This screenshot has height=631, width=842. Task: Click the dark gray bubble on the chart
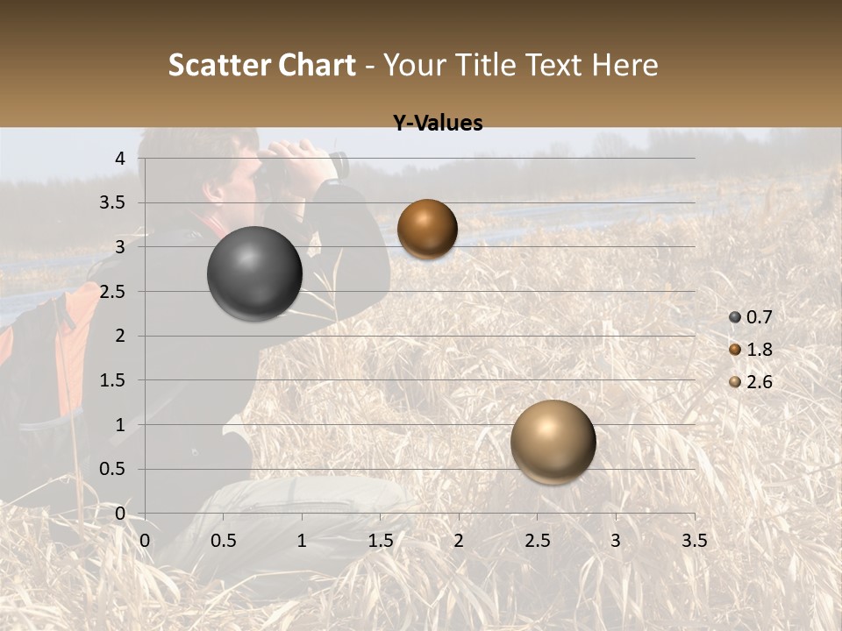coord(254,273)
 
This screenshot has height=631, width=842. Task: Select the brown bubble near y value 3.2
coord(427,229)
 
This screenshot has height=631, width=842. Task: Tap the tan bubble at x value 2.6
coord(553,442)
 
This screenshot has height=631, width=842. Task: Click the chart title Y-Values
coord(438,124)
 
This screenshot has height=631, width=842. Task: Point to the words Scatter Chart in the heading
coord(261,65)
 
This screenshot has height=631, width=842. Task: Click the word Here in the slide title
coord(624,65)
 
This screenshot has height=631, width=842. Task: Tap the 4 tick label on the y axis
coord(121,159)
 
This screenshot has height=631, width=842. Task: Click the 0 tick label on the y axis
coord(121,514)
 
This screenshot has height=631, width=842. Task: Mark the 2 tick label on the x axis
coord(459,541)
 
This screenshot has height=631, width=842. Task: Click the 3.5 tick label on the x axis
coord(694,541)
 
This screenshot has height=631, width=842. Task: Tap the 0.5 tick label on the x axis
coord(224,541)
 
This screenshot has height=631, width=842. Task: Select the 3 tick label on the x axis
coord(616,541)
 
